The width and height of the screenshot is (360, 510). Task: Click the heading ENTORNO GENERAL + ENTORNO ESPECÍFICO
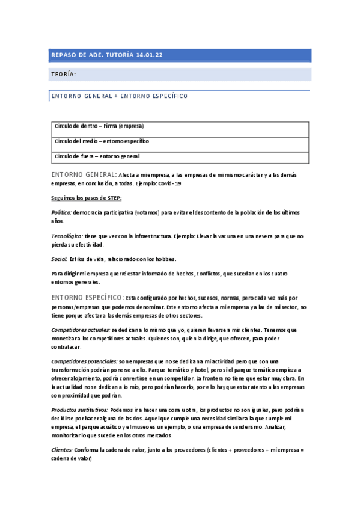coord(120,96)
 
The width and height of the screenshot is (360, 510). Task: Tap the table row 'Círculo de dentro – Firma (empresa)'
coord(99,126)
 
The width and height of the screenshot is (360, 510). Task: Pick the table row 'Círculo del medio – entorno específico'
coord(102,141)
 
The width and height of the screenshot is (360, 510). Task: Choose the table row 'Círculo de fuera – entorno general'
coord(97,156)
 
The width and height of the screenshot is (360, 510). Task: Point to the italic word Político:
coord(62,213)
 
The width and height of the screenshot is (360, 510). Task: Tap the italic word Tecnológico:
coord(67,236)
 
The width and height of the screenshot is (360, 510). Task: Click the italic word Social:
coord(59,259)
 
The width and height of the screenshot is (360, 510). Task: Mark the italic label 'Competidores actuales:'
coord(81,330)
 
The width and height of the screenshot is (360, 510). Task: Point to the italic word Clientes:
coord(62,450)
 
